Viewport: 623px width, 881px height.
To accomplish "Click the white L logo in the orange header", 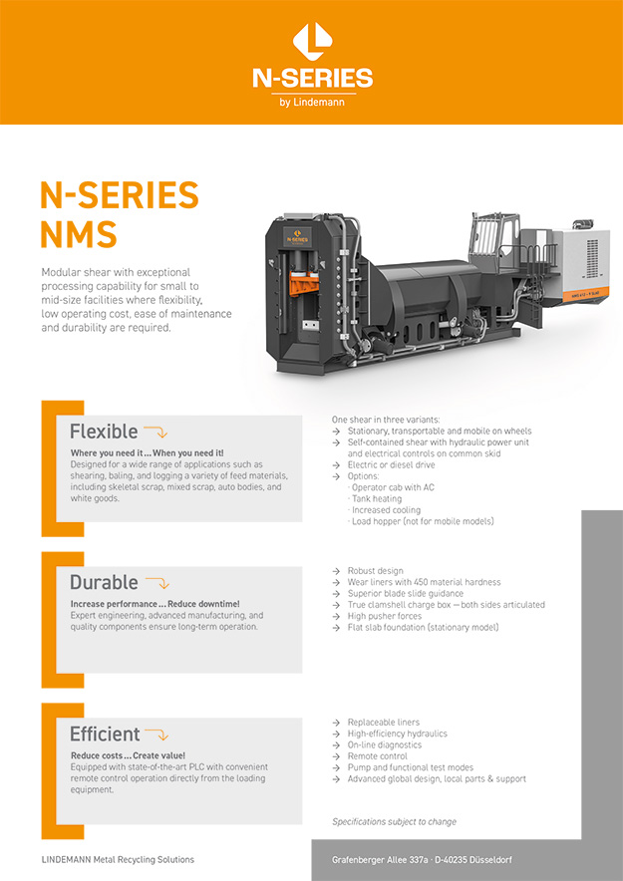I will pos(311,42).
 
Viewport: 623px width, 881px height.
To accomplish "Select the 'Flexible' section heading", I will pos(104,432).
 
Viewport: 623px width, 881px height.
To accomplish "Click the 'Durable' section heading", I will pos(104,583).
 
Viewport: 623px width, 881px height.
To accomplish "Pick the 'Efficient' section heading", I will pos(105,734).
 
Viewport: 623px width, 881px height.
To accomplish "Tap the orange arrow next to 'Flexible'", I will pos(156,433).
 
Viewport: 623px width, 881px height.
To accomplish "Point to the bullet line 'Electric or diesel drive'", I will pos(391,465).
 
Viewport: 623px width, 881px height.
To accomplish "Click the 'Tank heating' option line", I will pos(377,499).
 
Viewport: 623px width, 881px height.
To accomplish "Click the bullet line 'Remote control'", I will pos(378,756).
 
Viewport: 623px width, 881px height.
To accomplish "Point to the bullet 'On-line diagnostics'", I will pos(385,745).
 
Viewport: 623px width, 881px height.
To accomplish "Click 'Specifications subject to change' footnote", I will pos(394,822).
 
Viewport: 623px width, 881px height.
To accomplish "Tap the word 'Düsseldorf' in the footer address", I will pos(487,859).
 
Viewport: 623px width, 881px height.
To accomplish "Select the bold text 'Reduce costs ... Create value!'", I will pos(128,755).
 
